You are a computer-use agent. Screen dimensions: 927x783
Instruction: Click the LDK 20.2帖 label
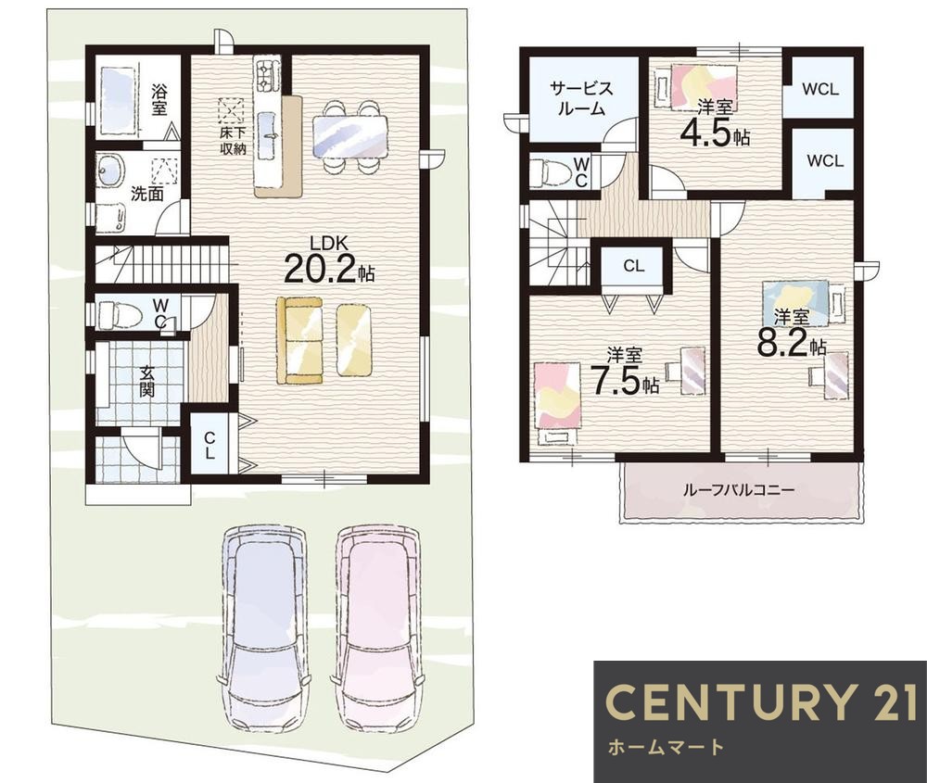tap(329, 260)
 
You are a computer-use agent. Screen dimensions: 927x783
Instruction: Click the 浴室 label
tap(159, 99)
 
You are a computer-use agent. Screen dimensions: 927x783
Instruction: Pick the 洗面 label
tap(146, 194)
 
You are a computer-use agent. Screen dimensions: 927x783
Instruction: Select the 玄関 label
tap(146, 381)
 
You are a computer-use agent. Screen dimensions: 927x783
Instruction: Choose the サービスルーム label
tap(582, 97)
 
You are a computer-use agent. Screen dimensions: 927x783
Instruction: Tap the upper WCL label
tap(820, 89)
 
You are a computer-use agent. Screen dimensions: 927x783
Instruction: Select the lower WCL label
tap(825, 160)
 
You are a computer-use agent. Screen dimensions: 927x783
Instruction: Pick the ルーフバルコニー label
tap(739, 489)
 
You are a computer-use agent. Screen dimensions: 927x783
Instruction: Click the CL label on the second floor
tap(634, 267)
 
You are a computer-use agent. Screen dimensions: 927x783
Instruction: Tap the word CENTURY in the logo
tap(730, 701)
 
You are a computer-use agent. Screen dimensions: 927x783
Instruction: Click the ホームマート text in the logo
tap(666, 747)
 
